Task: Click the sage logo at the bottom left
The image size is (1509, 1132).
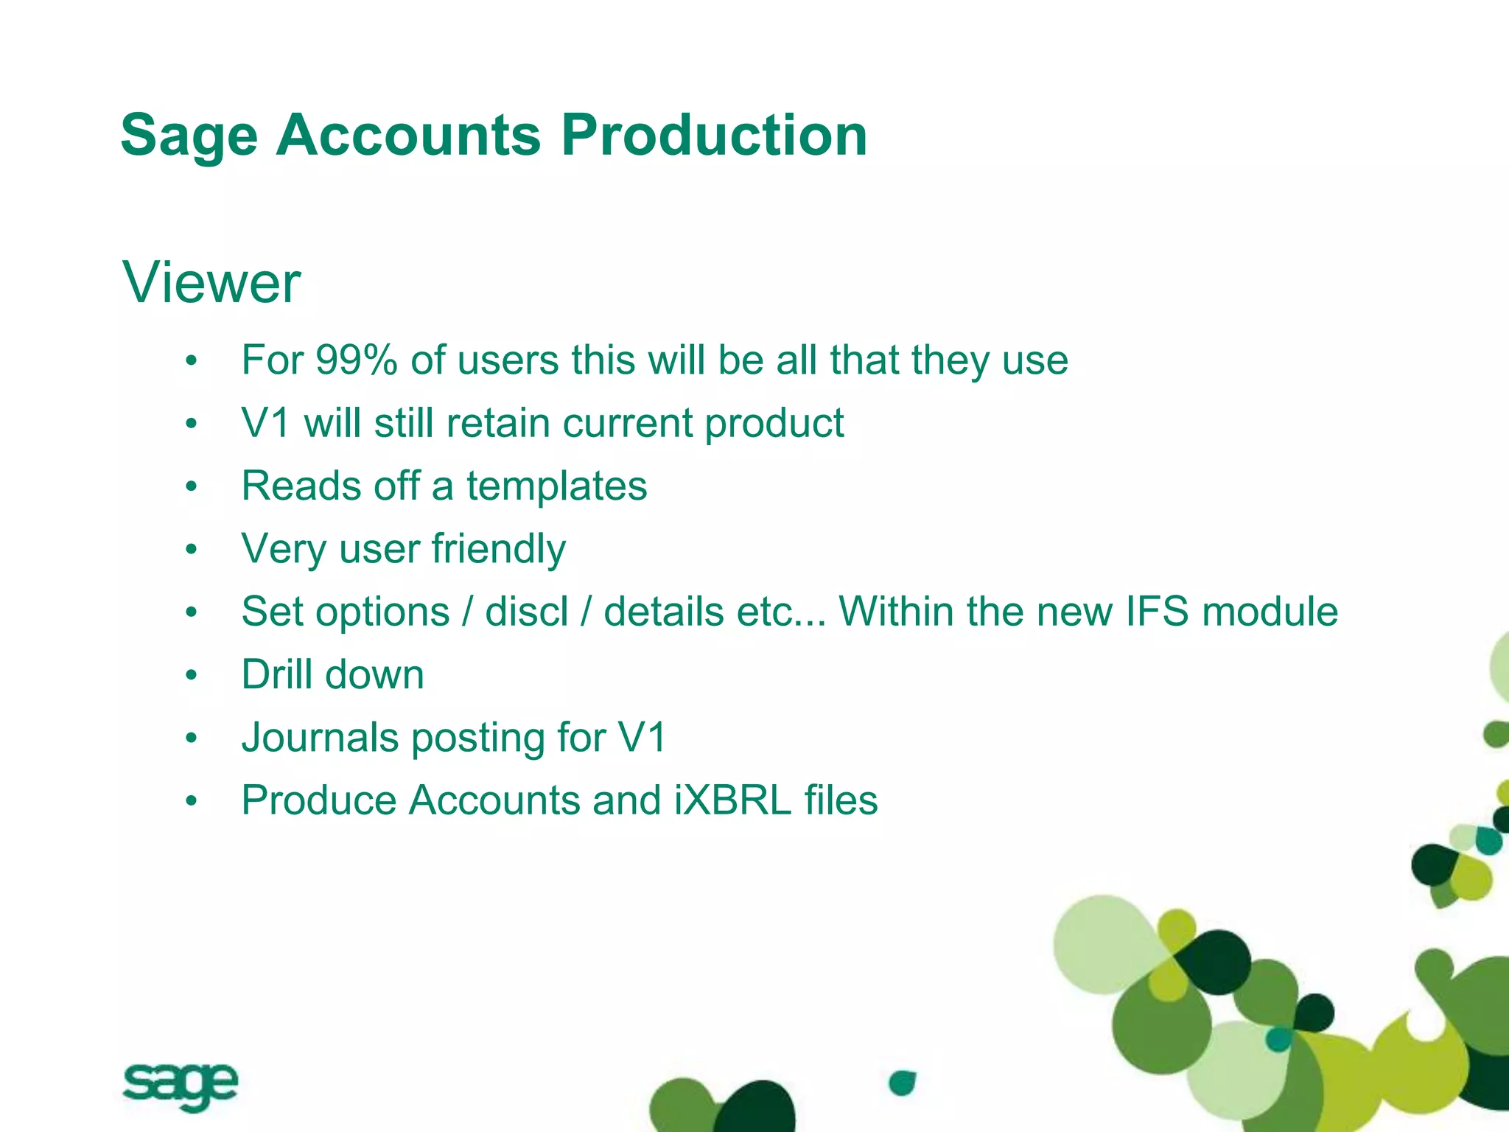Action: tap(180, 1085)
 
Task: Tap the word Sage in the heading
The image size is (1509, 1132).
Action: tap(189, 136)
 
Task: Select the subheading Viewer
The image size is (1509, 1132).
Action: tap(211, 282)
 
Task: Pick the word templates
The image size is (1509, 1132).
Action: tap(556, 486)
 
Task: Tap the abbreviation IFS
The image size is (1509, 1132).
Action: tap(1157, 612)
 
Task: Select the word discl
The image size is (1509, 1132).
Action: tap(527, 612)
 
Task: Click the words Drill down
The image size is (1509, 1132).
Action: tap(333, 674)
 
